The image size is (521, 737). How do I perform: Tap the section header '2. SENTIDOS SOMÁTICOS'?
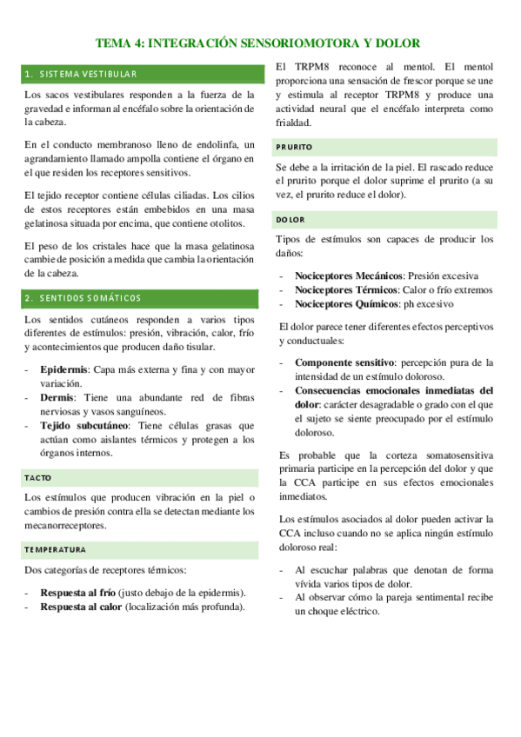(83, 298)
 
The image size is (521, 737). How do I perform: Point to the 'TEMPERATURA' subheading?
(55, 549)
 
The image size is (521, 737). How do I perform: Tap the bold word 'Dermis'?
(57, 397)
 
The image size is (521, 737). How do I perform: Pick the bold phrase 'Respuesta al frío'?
(78, 593)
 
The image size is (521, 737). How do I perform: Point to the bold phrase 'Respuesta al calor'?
(81, 607)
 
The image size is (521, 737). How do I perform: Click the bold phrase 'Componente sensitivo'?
(345, 362)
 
